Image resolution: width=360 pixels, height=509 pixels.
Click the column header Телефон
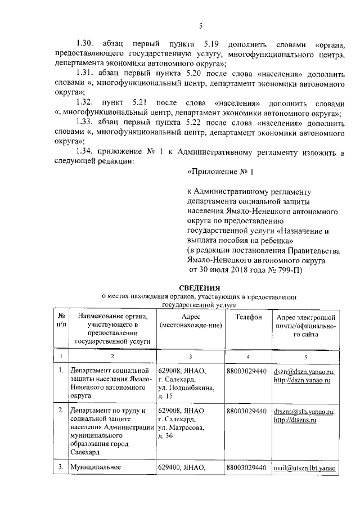click(x=249, y=318)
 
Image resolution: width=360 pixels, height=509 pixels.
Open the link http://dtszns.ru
click(x=296, y=420)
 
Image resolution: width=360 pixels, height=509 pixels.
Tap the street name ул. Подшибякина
click(x=184, y=388)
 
